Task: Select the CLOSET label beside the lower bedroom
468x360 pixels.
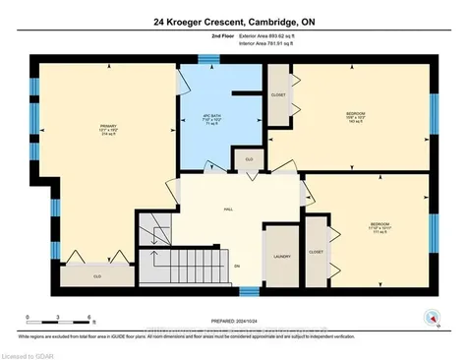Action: click(x=316, y=251)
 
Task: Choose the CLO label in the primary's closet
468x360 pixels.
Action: click(x=98, y=277)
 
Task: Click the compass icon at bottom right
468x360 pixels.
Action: click(x=429, y=316)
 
